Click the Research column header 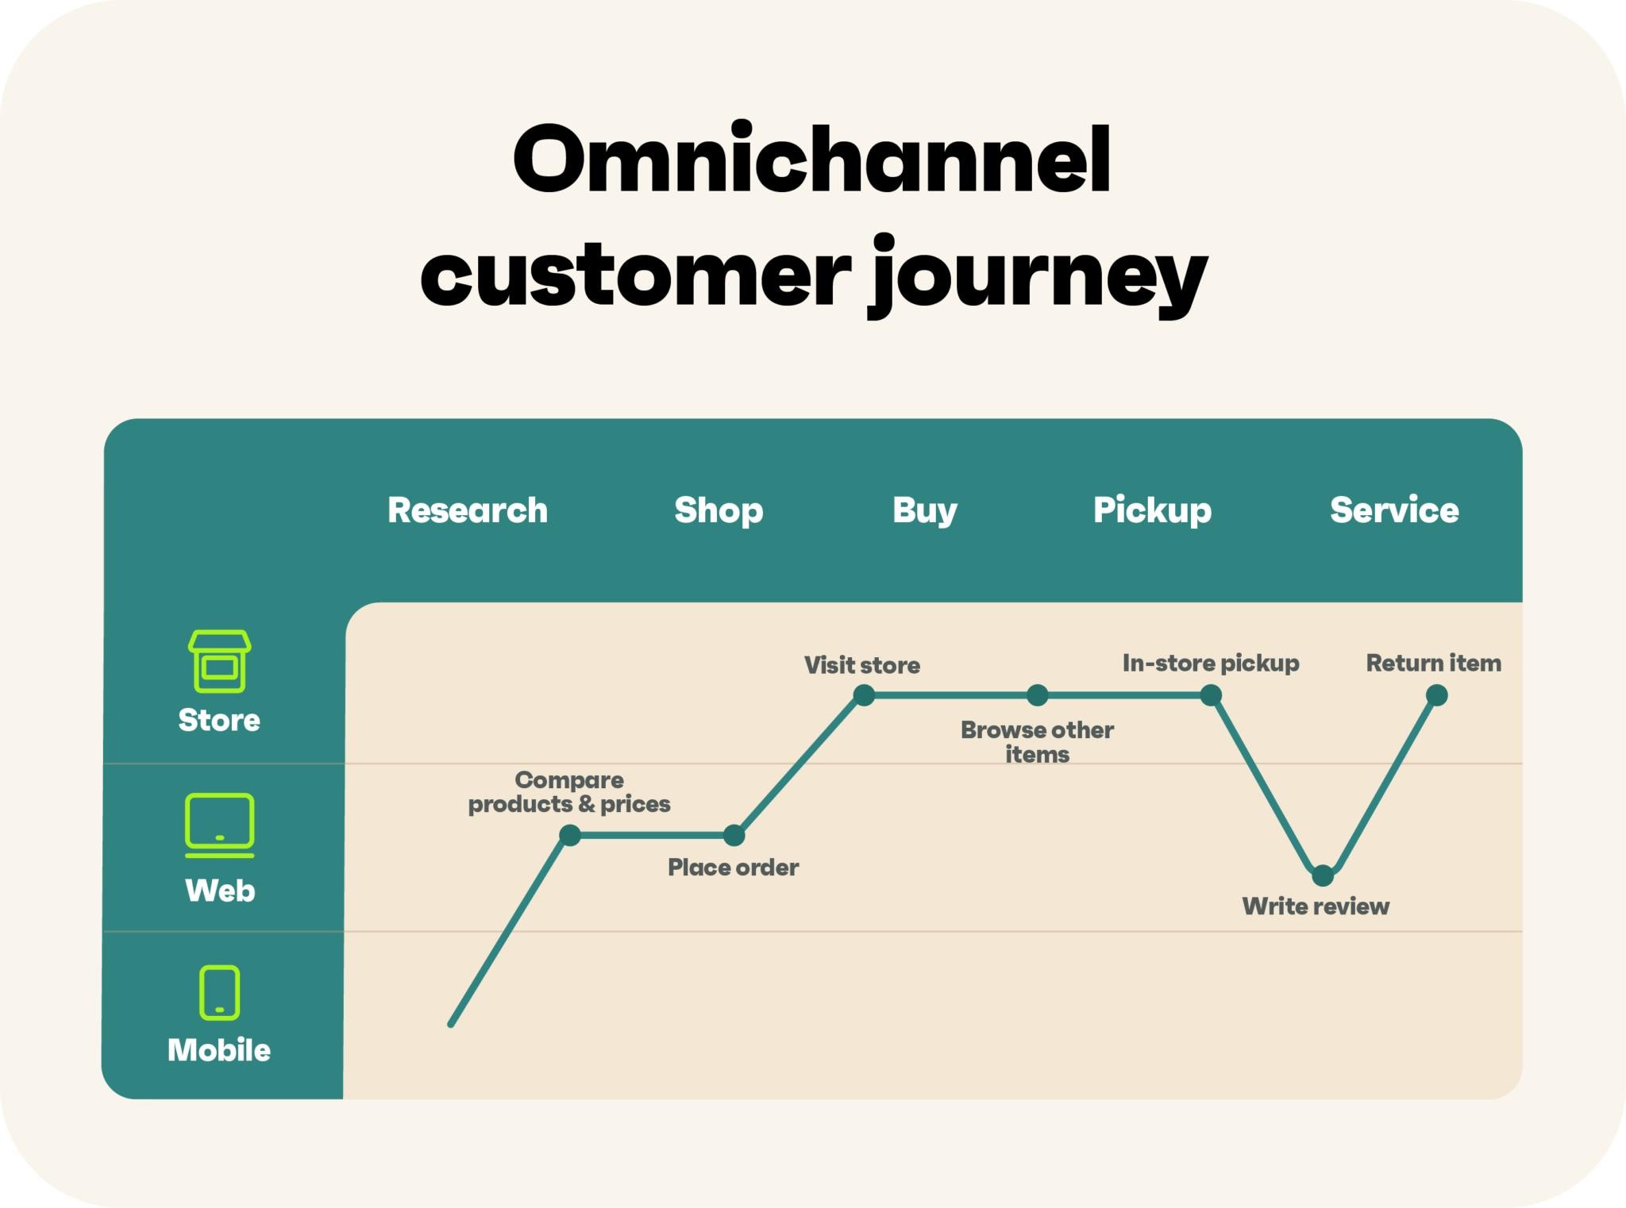(468, 510)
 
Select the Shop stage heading (719, 510)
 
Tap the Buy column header (925, 510)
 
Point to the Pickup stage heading (1152, 510)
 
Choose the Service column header (1394, 510)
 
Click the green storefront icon (219, 661)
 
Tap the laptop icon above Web (220, 825)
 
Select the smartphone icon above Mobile (219, 992)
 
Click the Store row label (219, 720)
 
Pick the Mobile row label (219, 1050)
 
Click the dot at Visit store (864, 695)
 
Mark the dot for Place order (734, 835)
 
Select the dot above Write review (1323, 875)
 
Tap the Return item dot (1436, 695)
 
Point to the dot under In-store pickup (1211, 695)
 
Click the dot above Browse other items (1037, 695)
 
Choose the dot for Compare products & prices (570, 835)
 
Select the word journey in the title (1038, 274)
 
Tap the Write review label (1316, 906)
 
